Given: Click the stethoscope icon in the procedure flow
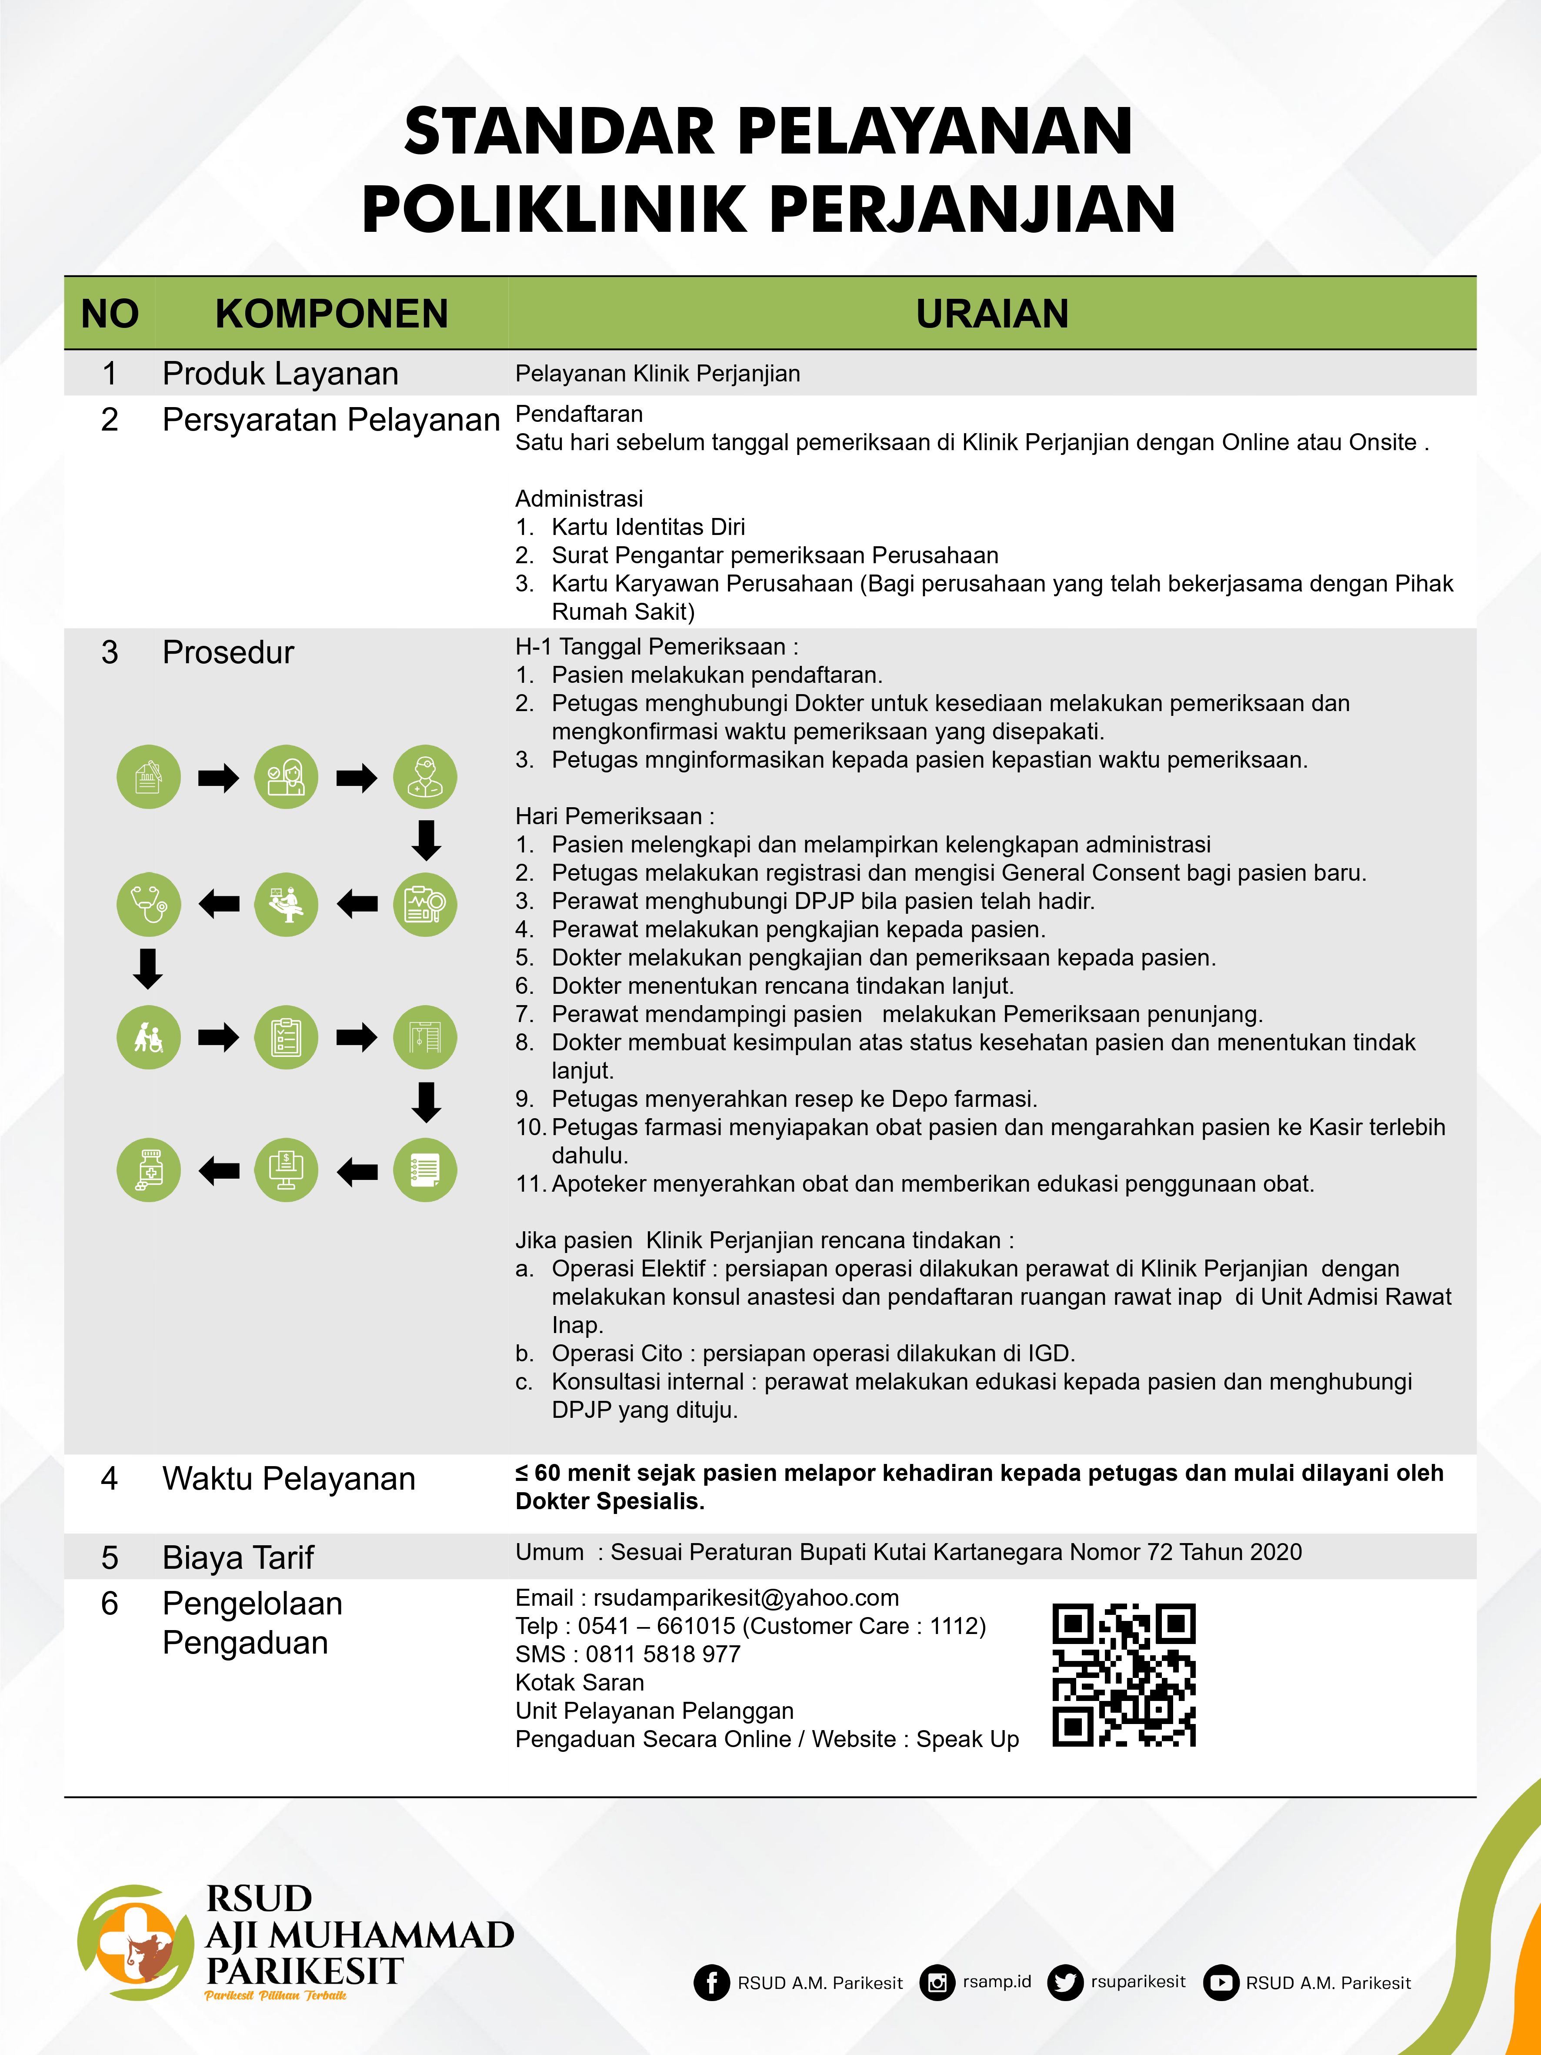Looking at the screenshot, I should [149, 904].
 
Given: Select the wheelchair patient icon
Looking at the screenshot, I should [149, 1037].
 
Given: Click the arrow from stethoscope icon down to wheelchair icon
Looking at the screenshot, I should [149, 968].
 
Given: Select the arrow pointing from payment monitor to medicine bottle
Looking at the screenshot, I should [219, 1170].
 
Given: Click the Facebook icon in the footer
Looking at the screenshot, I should [711, 1982].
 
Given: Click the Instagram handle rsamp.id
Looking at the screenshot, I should [997, 1981].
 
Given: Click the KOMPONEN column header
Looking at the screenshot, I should [332, 314].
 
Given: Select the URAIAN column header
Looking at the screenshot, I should [992, 314].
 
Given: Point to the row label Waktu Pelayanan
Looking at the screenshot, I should [289, 1479].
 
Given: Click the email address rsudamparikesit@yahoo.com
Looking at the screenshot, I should [746, 1598].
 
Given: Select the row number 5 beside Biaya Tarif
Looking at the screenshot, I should [110, 1558].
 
